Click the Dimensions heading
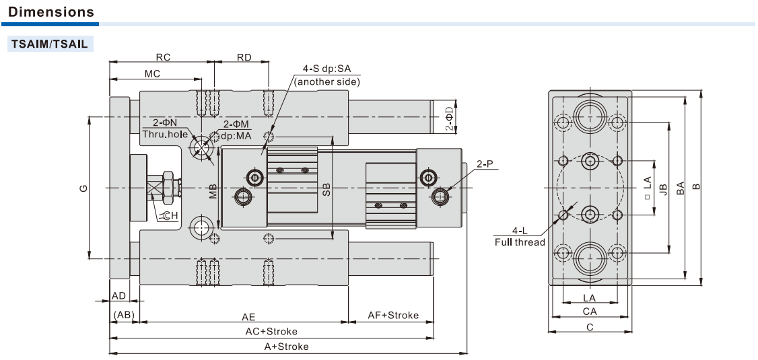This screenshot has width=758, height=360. [x=51, y=12]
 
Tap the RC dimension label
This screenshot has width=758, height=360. [x=163, y=57]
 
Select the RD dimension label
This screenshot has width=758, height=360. [x=244, y=57]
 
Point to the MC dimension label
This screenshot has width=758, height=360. [x=152, y=73]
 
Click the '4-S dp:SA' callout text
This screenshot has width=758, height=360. [x=327, y=68]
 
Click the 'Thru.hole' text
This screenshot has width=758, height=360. [x=165, y=134]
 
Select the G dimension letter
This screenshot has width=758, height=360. [x=83, y=188]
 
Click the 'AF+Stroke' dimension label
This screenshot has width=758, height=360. [x=393, y=315]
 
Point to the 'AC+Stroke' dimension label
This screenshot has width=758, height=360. [x=271, y=331]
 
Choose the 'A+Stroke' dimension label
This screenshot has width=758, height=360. [x=286, y=347]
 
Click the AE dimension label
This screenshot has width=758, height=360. [x=248, y=316]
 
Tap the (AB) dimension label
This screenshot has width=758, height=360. [x=124, y=315]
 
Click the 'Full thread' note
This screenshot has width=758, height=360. [x=520, y=242]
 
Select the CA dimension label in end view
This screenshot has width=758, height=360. [x=590, y=312]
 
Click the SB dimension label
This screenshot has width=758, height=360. [x=326, y=189]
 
